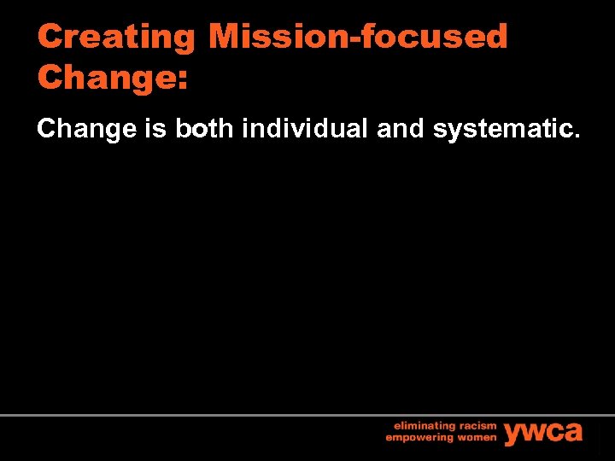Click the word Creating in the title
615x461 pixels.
pyautogui.click(x=117, y=37)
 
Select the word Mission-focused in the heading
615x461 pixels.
pyautogui.click(x=358, y=37)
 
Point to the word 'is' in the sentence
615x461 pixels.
pyautogui.click(x=156, y=129)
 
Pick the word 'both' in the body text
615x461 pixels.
pyautogui.click(x=205, y=129)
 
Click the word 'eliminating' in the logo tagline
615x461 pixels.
pyautogui.click(x=424, y=425)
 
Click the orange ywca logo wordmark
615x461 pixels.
pyautogui.click(x=543, y=432)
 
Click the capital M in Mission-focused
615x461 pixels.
pyautogui.click(x=225, y=37)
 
